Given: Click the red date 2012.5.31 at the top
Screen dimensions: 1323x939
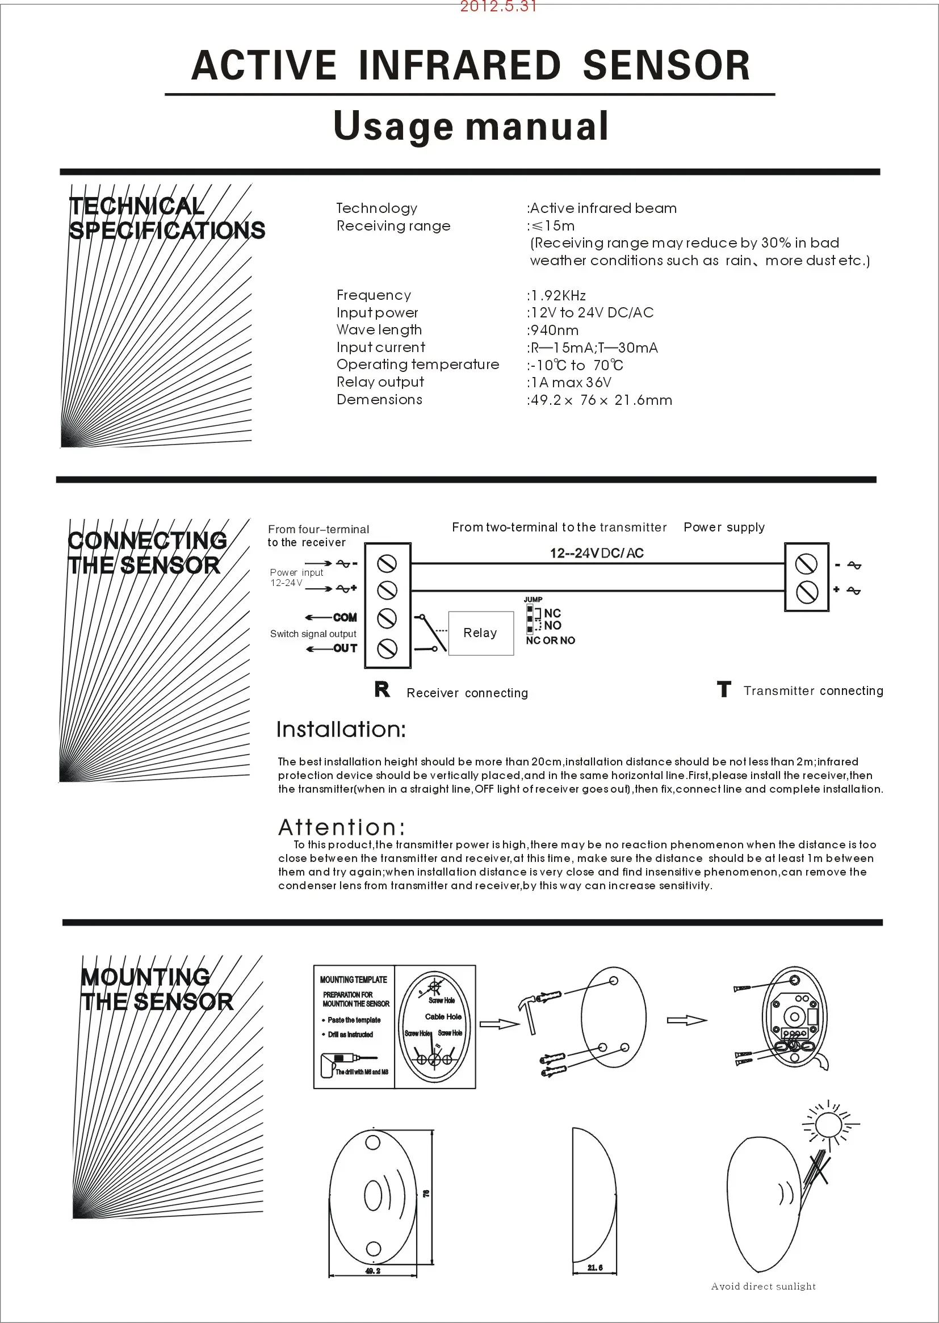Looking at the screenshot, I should coord(498,7).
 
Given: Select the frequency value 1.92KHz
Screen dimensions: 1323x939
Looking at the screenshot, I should coord(557,295).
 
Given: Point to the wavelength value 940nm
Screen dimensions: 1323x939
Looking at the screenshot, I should coord(554,330).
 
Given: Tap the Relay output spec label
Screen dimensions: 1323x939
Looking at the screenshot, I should coord(380,382).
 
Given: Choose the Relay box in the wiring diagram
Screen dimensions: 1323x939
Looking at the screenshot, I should coord(480,633).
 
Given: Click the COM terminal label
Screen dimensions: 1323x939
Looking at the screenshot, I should coord(345,618).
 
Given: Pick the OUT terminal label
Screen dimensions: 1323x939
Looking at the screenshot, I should coord(345,648).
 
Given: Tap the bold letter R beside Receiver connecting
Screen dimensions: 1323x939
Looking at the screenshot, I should coord(382,689).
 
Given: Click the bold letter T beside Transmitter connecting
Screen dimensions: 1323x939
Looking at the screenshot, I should coord(724,689).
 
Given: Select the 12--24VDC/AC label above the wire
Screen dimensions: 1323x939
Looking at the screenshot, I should coord(597,554).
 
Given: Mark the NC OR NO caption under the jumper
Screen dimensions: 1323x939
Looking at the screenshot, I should coord(551,640).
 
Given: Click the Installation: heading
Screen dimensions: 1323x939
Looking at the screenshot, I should coord(341,730).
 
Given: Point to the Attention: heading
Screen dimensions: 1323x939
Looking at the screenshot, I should coord(342,827).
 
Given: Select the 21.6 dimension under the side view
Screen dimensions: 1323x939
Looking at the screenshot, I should coord(595,1267).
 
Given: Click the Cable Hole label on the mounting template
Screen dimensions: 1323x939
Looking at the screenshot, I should coord(443,1016).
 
